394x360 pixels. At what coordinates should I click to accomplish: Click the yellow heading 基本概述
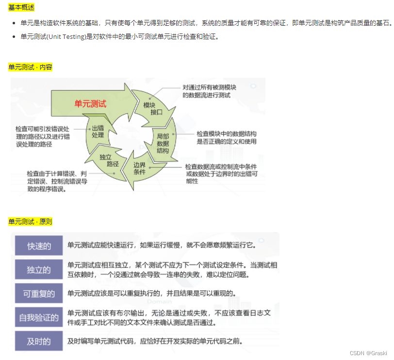(21, 8)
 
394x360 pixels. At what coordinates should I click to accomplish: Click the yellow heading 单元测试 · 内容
(30, 67)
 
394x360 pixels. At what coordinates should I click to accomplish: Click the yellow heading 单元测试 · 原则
(30, 222)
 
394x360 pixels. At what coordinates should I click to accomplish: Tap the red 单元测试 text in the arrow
(90, 103)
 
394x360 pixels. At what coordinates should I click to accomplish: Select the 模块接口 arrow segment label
(153, 109)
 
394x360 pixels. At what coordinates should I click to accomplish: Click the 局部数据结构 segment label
(163, 143)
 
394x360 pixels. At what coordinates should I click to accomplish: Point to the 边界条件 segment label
(139, 168)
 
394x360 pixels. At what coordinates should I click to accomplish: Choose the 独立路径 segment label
(109, 160)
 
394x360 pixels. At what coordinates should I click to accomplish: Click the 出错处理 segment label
(98, 132)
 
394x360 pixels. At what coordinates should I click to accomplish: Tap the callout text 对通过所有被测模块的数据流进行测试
(209, 91)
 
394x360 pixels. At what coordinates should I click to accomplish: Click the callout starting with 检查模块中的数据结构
(227, 137)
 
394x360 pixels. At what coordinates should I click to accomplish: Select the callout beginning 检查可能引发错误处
(43, 137)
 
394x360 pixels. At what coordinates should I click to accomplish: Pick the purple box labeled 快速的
(39, 245)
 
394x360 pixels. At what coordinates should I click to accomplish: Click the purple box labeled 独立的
(39, 270)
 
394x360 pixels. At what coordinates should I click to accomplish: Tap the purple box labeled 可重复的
(39, 293)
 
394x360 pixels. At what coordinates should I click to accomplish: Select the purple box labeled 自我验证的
(39, 317)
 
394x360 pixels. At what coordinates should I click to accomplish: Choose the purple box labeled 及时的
(39, 341)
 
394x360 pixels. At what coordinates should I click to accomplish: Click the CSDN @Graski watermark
(368, 353)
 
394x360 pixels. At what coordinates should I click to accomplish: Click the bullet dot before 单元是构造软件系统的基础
(14, 23)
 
